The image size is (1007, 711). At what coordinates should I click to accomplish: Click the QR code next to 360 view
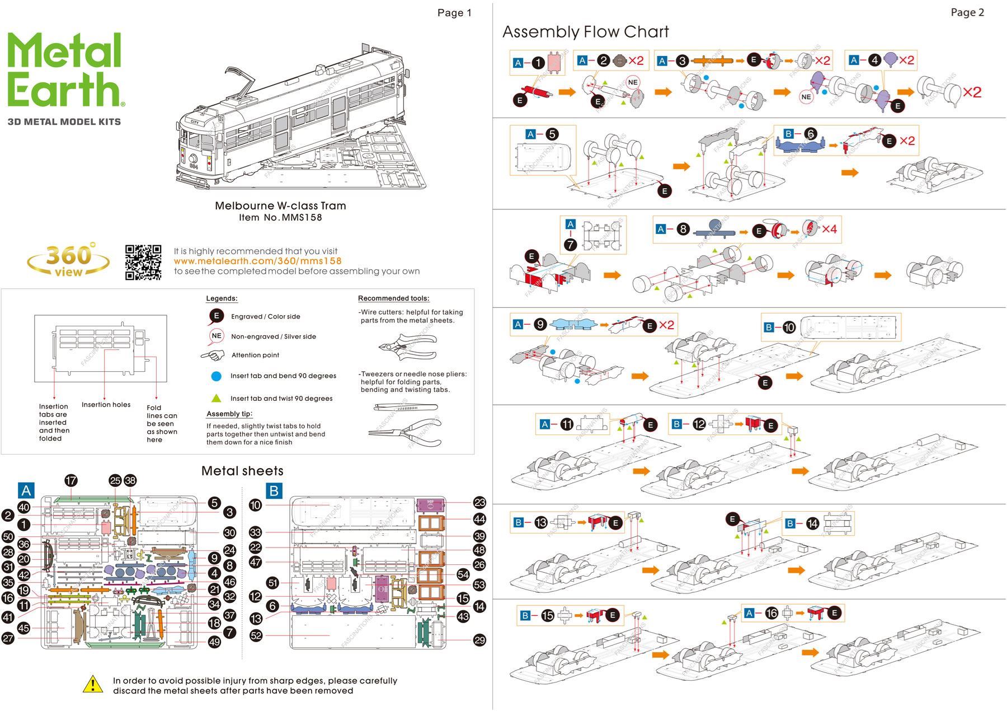[143, 262]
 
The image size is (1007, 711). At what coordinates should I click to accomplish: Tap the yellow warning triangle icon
[93, 684]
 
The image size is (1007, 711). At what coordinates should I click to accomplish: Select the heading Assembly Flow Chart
[585, 32]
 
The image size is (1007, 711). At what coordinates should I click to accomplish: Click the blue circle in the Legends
[217, 376]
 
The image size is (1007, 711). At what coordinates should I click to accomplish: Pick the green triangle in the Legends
[217, 398]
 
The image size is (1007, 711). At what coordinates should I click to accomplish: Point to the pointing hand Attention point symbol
[213, 355]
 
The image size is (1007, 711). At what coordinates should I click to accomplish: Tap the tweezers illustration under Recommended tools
[406, 408]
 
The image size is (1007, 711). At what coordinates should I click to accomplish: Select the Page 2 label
[967, 12]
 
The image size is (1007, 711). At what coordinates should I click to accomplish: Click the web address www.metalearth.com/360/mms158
[257, 261]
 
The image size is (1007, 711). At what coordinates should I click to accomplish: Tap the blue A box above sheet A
[26, 490]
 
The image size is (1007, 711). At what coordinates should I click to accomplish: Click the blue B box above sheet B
[274, 491]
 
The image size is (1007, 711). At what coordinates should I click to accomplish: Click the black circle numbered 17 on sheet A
[71, 480]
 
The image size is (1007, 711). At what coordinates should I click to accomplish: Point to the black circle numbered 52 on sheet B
[256, 635]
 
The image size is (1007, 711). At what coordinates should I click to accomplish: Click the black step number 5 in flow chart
[552, 134]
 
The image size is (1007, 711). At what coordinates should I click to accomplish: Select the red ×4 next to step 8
[829, 229]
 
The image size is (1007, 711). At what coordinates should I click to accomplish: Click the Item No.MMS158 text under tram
[280, 218]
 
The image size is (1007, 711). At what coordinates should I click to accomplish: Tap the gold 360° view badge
[68, 260]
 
